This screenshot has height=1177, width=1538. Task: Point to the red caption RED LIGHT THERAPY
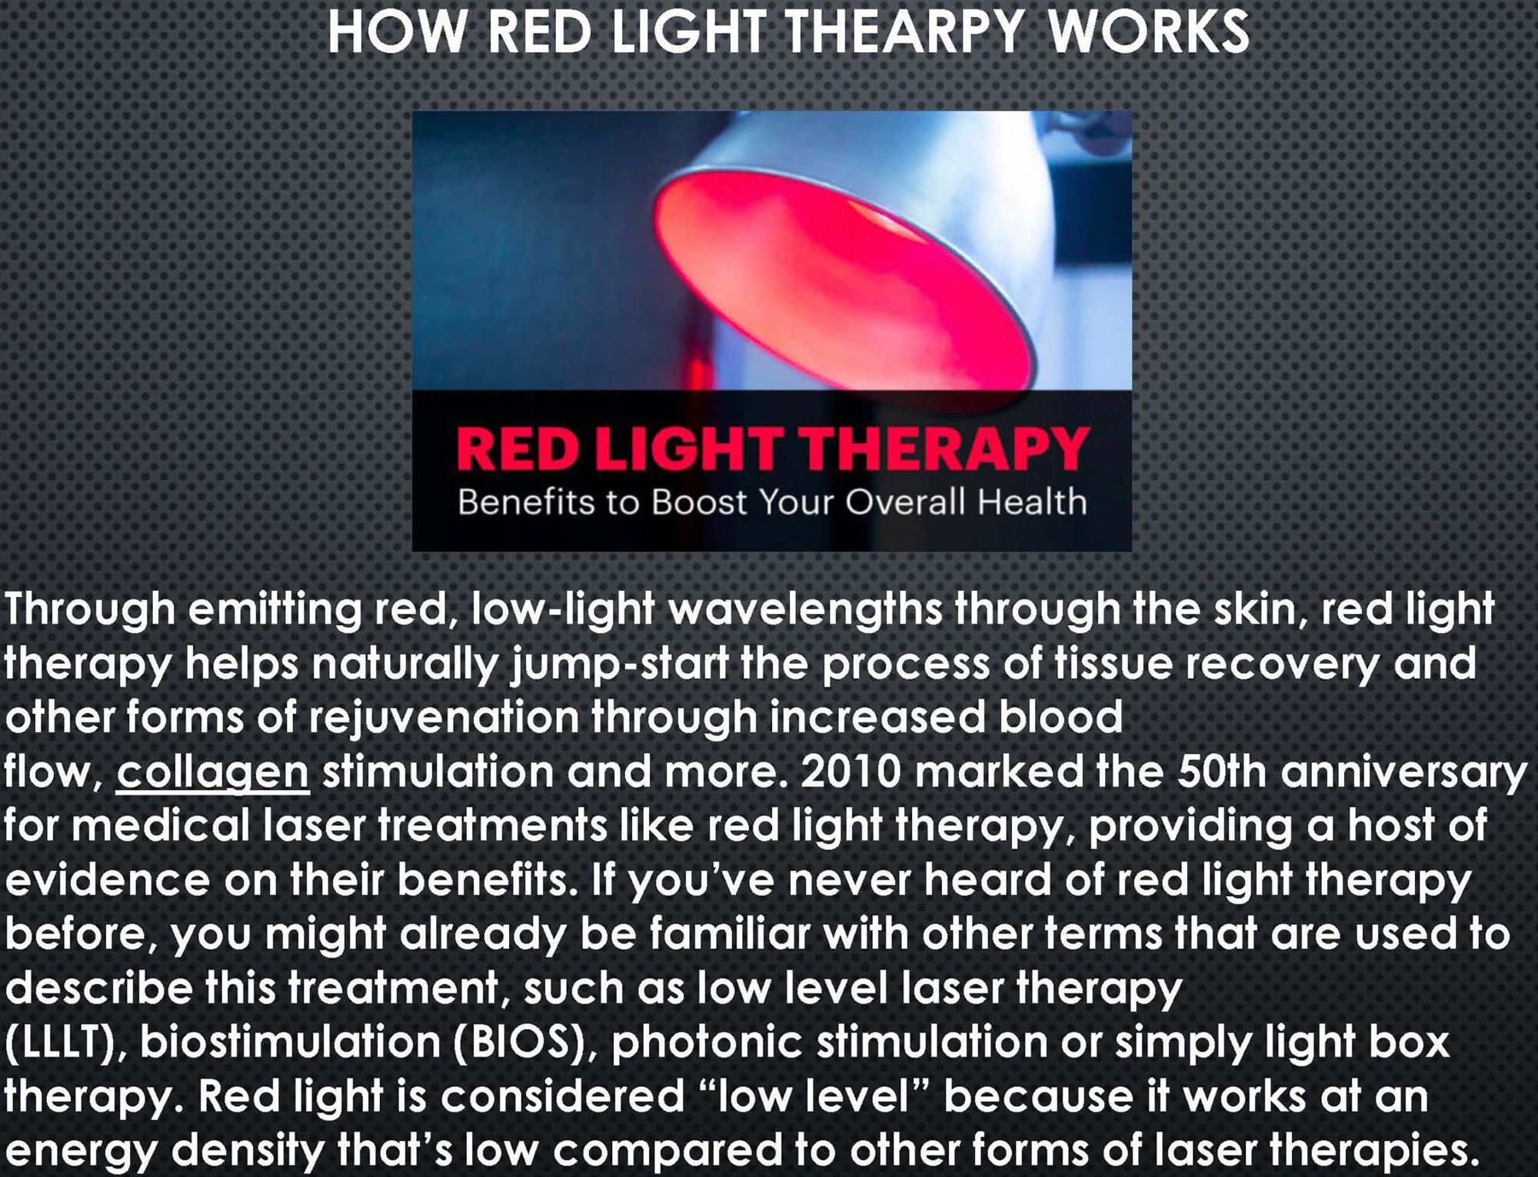[x=772, y=449]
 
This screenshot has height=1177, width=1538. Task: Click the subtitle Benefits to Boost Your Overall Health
[x=772, y=502]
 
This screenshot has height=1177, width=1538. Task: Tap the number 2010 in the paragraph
[x=851, y=772]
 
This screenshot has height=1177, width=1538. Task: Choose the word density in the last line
[x=249, y=1151]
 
